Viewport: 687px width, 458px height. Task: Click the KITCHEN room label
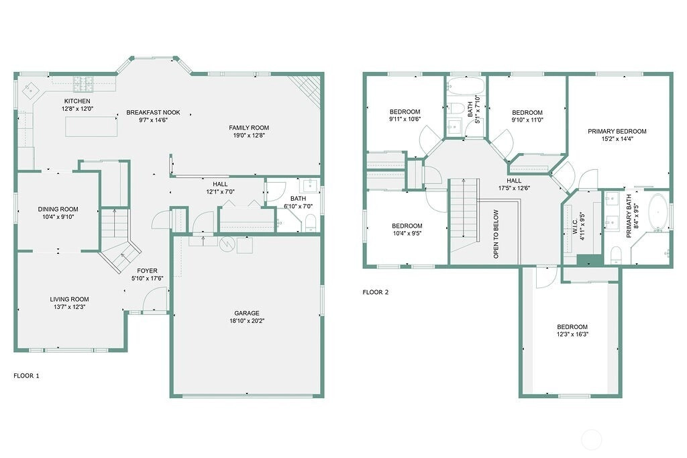(x=77, y=101)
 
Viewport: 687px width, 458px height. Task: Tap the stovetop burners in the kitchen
(x=83, y=84)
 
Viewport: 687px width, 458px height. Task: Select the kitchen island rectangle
(x=91, y=126)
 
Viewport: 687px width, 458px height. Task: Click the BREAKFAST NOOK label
(x=154, y=112)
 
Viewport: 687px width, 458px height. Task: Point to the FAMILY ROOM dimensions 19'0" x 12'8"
(x=249, y=135)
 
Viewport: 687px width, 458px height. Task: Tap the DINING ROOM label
(x=58, y=210)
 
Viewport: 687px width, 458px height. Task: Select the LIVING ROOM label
(x=69, y=300)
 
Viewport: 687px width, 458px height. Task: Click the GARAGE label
(x=247, y=313)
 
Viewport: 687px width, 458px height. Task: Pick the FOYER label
(x=147, y=271)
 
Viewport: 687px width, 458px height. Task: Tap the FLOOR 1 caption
(x=26, y=375)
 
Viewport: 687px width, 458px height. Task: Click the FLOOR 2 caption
(x=376, y=292)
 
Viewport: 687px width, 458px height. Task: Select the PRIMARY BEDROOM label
(x=617, y=131)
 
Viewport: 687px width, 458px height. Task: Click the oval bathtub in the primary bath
(x=657, y=212)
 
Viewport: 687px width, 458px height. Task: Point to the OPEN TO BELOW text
(x=496, y=234)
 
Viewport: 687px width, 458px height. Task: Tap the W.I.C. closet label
(x=575, y=224)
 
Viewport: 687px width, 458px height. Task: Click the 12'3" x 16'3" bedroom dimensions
(x=572, y=334)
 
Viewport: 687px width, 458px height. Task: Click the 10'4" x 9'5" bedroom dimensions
(x=407, y=234)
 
